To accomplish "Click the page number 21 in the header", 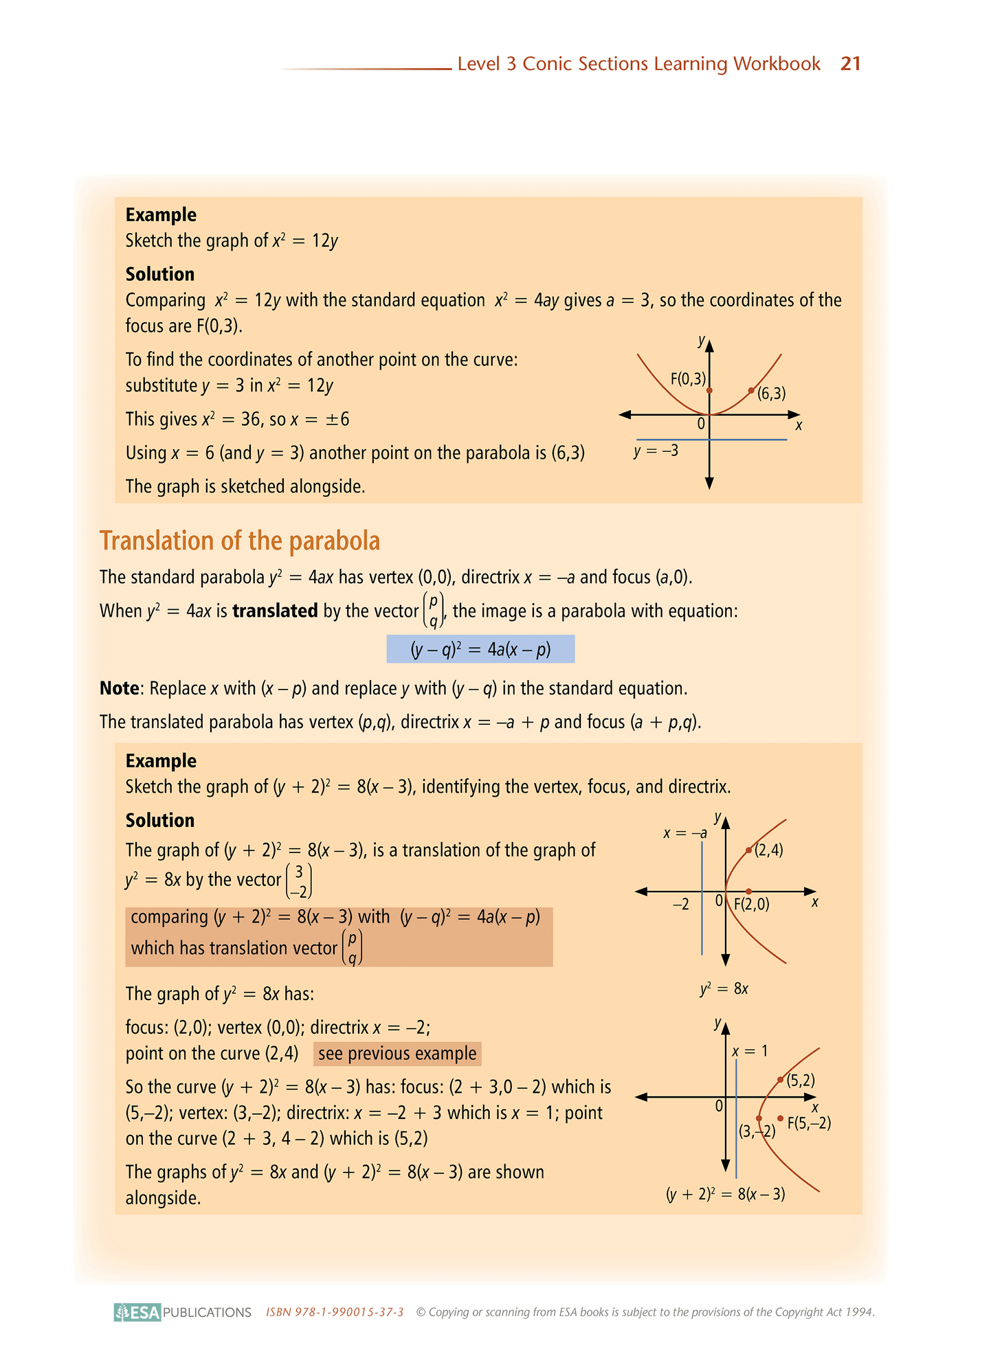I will coord(850,64).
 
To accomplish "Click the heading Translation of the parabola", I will coord(239,541).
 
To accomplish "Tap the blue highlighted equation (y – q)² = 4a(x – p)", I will coord(480,649).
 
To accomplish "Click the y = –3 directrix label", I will coord(656,451).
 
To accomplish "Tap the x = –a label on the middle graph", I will coord(684,833).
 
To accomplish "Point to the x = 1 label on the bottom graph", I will coord(750,1051).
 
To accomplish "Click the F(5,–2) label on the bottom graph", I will coord(809,1124).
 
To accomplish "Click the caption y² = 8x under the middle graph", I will coord(724,989).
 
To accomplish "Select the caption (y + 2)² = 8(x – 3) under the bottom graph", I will coord(725,1194).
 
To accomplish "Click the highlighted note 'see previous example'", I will coord(397,1054).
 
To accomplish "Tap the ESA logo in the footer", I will coord(137,1312).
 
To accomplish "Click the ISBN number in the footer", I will coord(335,1312).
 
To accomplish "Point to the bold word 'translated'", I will coord(275,611).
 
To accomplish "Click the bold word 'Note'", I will coord(120,688).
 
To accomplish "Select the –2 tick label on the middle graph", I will coord(680,905).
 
